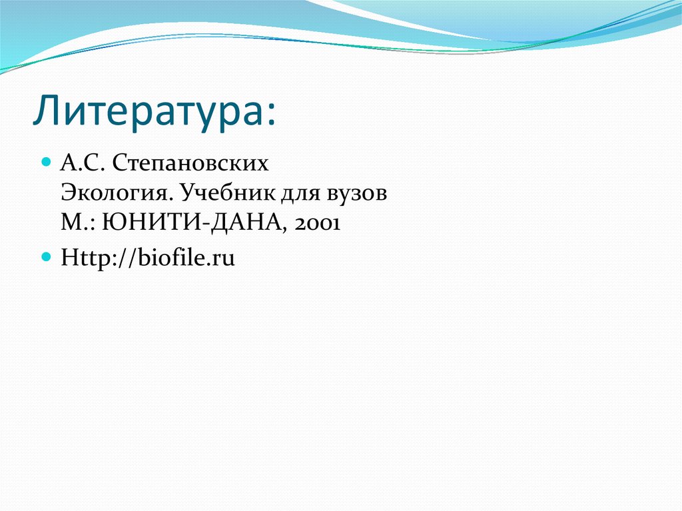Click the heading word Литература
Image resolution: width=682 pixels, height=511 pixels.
[150, 111]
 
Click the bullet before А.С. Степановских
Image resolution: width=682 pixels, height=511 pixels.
[46, 162]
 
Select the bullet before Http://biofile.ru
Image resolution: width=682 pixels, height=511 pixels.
[46, 256]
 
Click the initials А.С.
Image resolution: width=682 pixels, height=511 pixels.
[83, 163]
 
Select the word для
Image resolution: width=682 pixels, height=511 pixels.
[304, 194]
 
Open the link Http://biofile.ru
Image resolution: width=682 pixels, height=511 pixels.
[148, 257]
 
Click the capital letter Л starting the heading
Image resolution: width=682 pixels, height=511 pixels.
[46, 111]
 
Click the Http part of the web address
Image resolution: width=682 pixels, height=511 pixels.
[83, 257]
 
